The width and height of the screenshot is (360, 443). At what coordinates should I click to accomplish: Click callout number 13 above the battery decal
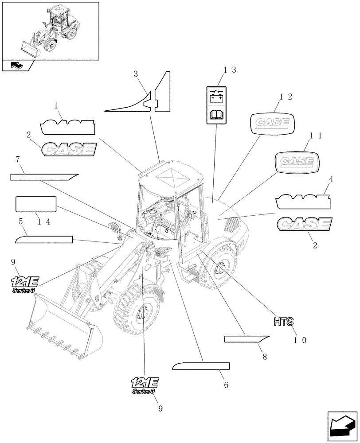coord(229,70)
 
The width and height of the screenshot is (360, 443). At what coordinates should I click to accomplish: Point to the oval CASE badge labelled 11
coord(296,162)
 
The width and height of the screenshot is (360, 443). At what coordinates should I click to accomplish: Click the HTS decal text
coord(281,321)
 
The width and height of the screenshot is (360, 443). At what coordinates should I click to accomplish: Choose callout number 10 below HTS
coord(300,340)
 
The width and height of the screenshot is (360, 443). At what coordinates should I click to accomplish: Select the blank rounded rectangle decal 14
coord(36,204)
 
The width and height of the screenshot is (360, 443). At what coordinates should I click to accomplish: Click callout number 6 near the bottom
coord(226,385)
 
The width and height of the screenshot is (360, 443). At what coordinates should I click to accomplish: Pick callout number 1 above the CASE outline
coord(56,105)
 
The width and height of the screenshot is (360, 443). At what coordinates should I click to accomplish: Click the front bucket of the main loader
coord(62,328)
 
